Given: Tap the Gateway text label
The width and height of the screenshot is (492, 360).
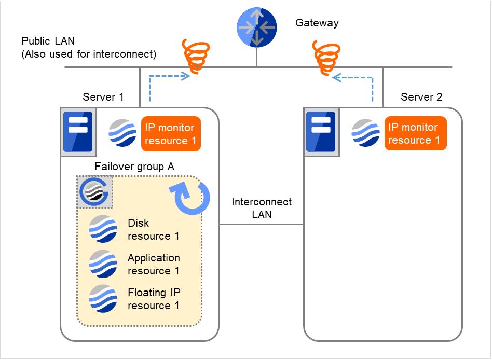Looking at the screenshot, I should point(317,23).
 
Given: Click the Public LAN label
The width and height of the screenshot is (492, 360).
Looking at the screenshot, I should point(89,47).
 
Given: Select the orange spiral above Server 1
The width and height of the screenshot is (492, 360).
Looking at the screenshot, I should point(195,54).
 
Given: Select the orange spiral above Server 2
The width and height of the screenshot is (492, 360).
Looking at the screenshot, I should point(326,58).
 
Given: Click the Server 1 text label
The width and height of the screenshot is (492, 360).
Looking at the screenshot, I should point(103,97).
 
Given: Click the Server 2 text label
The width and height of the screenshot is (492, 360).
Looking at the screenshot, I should point(421,97).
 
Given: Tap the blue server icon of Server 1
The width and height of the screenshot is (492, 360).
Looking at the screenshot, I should point(77,132).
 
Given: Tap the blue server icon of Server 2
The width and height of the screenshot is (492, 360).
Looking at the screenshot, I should point(320,132).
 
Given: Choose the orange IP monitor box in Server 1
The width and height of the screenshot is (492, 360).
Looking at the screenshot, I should point(170,134).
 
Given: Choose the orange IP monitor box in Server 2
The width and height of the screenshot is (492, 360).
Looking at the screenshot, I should point(415,133).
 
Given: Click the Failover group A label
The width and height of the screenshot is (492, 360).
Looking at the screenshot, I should point(134,167).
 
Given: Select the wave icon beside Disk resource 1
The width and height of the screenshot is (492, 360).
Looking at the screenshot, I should point(103,229).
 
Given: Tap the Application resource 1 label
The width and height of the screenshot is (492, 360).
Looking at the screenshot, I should point(154,264).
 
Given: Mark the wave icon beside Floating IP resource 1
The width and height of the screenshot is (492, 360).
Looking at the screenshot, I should point(103,299).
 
